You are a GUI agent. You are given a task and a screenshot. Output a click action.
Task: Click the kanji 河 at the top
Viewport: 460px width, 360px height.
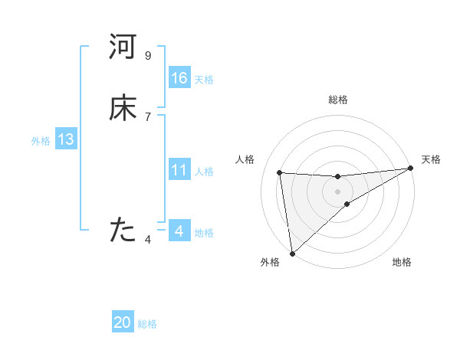point(123,48)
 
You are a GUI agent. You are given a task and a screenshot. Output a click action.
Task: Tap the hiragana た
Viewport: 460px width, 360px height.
point(123,230)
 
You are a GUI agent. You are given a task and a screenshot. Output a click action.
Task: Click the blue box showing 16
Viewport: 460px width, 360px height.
point(179,78)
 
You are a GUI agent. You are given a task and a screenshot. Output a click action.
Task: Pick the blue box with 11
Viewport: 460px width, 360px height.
point(179,170)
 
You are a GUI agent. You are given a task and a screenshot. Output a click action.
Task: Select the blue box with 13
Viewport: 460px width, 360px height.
point(66,139)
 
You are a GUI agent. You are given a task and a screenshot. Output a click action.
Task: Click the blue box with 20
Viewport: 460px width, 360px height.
point(123,322)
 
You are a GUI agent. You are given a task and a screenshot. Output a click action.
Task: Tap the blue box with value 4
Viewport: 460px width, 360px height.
point(179,231)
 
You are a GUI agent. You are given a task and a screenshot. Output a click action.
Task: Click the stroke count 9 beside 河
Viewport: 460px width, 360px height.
point(148,56)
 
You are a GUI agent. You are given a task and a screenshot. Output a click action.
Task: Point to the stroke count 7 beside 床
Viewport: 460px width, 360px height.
point(148,117)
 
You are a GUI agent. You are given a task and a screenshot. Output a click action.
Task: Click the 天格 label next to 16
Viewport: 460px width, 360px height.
point(204,80)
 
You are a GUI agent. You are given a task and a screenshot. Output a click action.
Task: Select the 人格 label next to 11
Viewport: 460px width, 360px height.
point(204,172)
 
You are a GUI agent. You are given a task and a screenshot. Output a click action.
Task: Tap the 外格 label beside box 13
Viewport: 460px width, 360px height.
point(40,141)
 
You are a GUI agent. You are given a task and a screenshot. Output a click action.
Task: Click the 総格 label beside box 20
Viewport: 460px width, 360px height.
point(147,324)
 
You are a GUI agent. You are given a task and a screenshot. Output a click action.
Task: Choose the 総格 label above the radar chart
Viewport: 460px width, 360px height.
point(337,100)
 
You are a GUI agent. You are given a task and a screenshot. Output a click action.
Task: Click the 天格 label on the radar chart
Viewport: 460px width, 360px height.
point(431,159)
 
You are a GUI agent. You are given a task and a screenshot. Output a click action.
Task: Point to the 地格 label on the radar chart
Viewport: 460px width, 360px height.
point(402,263)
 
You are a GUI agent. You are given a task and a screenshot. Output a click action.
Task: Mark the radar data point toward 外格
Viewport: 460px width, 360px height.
point(292,253)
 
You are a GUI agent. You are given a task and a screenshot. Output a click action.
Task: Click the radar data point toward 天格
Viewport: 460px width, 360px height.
point(410,169)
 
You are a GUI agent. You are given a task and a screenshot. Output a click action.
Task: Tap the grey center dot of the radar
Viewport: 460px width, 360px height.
point(337,191)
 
